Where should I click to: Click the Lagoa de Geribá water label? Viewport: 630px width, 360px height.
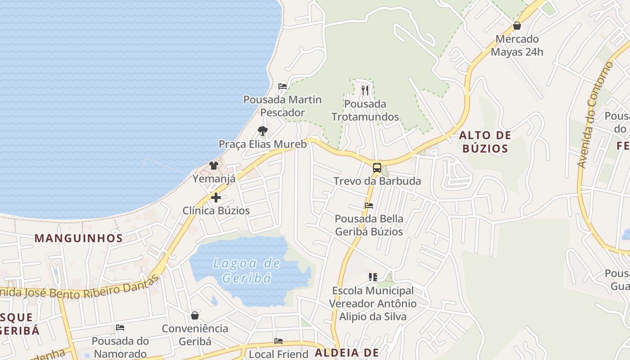[x=247, y=270]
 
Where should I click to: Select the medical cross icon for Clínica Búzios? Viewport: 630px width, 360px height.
[x=216, y=197]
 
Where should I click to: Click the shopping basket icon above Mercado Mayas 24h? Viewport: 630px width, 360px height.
[x=517, y=26]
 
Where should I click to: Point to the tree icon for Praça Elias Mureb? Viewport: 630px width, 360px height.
[x=263, y=131]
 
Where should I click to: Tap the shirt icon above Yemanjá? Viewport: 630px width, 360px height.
[x=214, y=166]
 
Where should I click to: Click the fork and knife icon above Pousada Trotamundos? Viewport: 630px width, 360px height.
[x=365, y=90]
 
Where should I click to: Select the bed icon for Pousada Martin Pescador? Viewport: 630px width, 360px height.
[x=283, y=86]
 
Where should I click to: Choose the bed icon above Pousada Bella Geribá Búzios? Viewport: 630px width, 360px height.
[x=369, y=206]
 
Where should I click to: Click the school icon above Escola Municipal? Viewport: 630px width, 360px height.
[x=373, y=277]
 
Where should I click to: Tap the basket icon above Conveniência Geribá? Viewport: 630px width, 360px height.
[x=195, y=315]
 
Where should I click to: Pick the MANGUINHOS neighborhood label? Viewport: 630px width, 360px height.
[x=79, y=238]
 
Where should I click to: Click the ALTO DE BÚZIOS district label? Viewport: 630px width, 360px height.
[x=485, y=142]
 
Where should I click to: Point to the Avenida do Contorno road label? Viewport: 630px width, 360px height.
[x=595, y=115]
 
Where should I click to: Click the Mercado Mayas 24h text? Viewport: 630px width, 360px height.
[x=517, y=45]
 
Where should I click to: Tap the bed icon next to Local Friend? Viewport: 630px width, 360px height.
[x=279, y=341]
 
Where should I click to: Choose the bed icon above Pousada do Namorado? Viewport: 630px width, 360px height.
[x=120, y=327]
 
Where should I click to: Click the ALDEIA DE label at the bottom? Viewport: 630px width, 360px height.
[x=346, y=353]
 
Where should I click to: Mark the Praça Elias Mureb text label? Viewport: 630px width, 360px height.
[x=263, y=144]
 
